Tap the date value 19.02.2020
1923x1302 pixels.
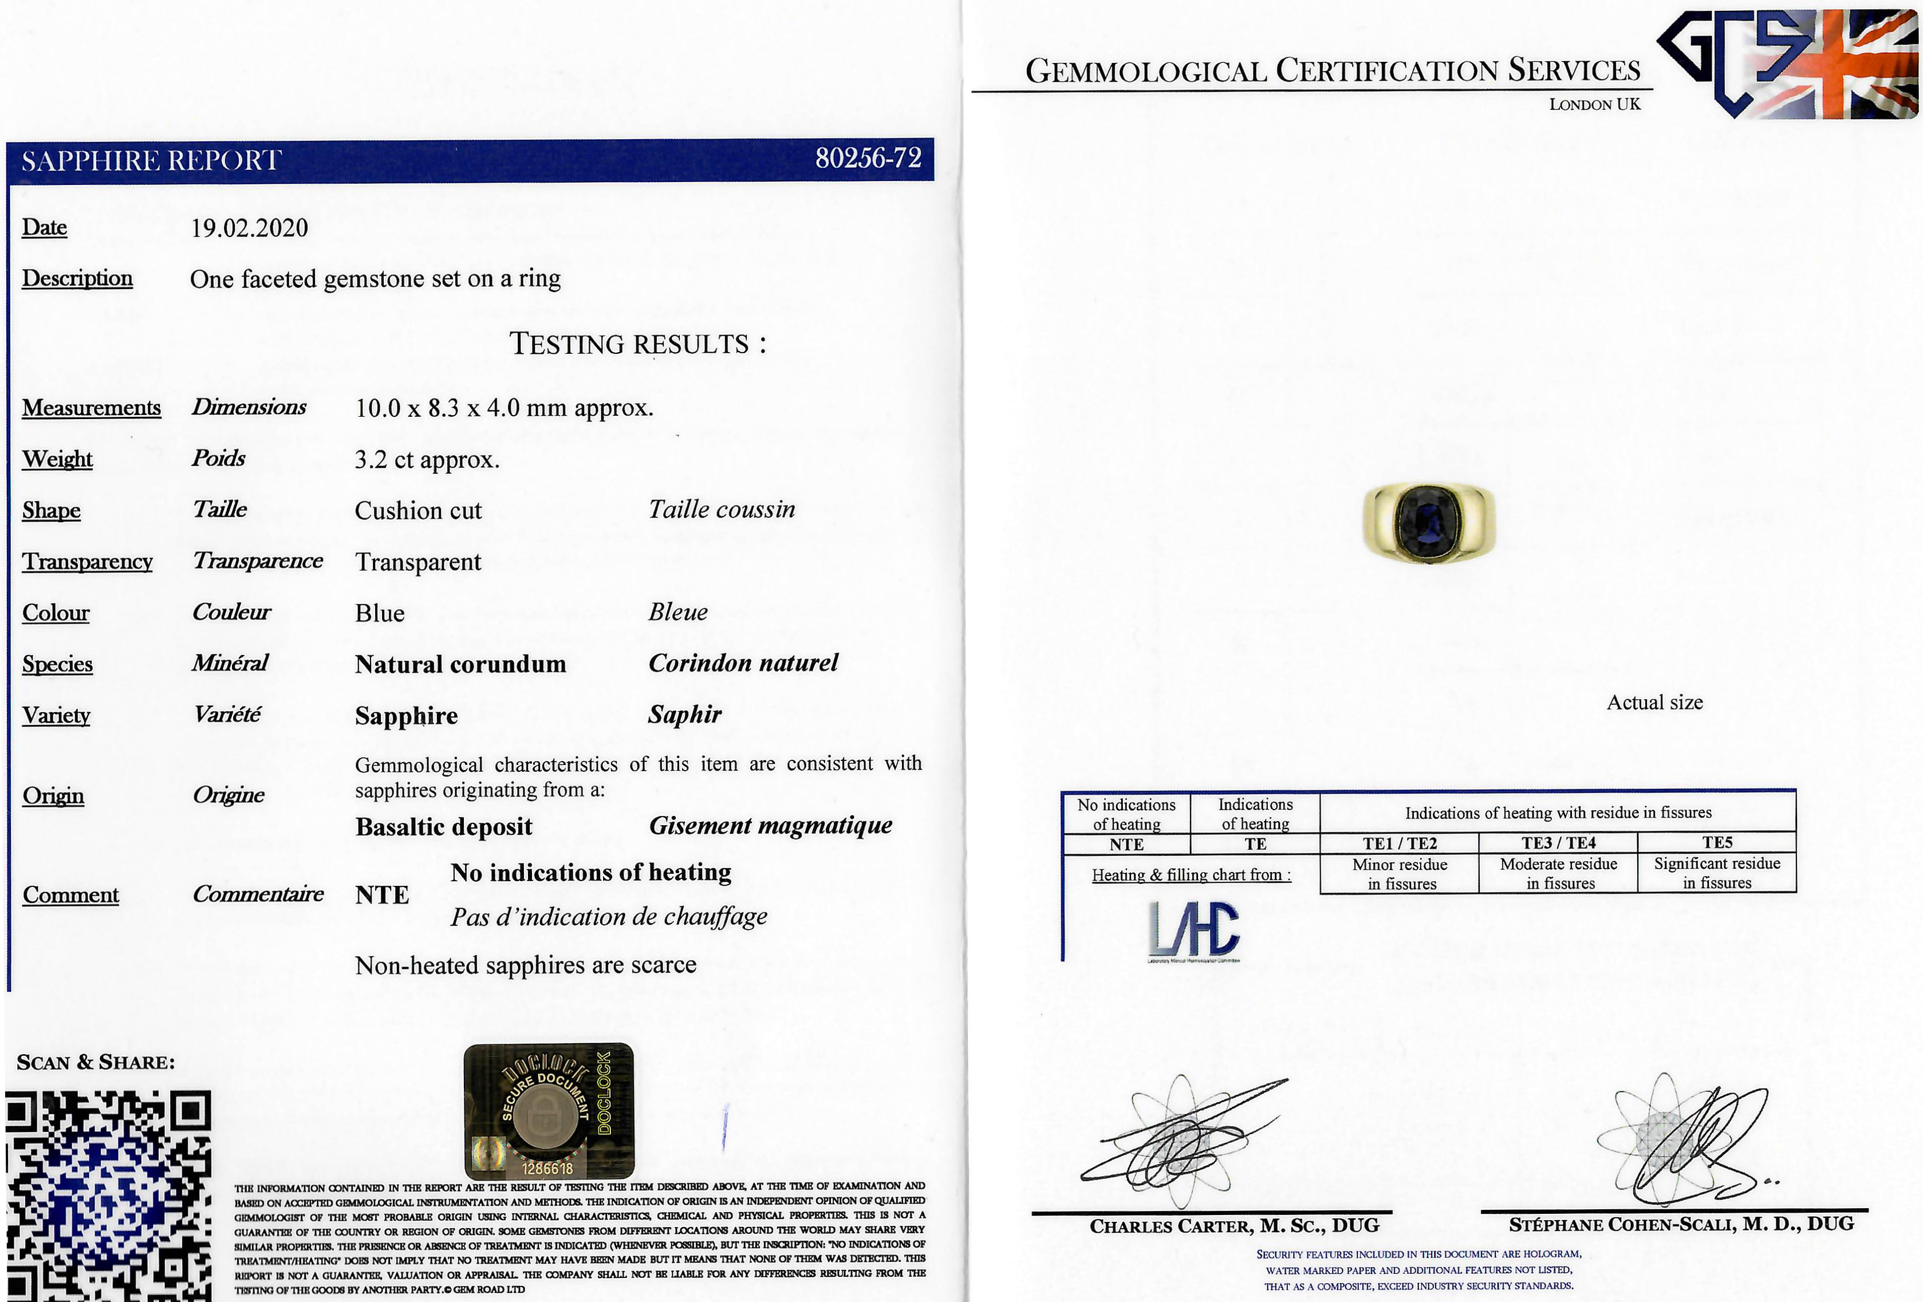point(249,228)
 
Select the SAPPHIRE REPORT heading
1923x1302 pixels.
point(151,160)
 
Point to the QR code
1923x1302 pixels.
point(108,1196)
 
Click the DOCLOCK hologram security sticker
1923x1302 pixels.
point(549,1111)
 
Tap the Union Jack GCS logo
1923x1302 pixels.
point(1787,65)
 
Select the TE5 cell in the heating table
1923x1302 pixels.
point(1716,843)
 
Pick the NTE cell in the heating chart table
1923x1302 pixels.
point(1126,845)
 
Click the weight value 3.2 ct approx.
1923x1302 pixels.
point(427,460)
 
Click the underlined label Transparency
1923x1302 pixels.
point(87,562)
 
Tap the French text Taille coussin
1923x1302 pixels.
point(722,510)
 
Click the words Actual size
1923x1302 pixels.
point(1654,703)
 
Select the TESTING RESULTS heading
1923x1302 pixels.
point(637,344)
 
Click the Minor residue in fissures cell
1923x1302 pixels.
point(1399,874)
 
